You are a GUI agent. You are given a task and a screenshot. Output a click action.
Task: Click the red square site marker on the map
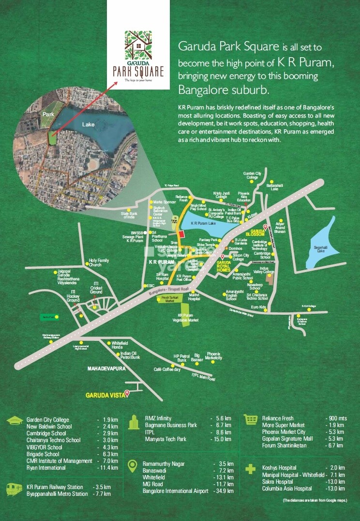pyautogui.click(x=181, y=234)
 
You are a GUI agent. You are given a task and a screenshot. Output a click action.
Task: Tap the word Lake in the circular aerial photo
pyautogui.click(x=89, y=124)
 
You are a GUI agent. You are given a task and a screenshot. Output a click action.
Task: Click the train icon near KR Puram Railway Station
pyautogui.click(x=14, y=489)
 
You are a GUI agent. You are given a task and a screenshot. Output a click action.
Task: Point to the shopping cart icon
pyautogui.click(x=251, y=419)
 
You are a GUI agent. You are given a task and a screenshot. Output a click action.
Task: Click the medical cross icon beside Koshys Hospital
pyautogui.click(x=251, y=469)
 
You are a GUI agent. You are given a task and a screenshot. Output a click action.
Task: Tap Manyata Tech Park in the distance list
pyautogui.click(x=167, y=439)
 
